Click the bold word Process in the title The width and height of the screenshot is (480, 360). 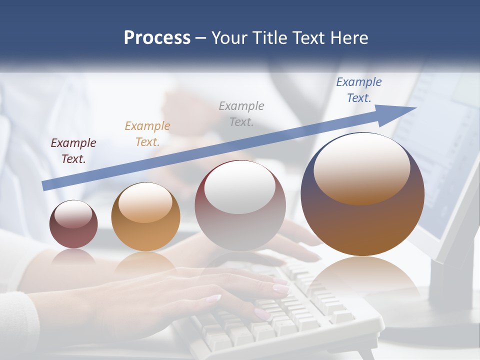pyautogui.click(x=157, y=38)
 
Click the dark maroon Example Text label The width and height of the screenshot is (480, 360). pyautogui.click(x=73, y=151)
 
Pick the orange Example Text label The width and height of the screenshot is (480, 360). pyautogui.click(x=147, y=134)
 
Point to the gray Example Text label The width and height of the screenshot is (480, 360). pyautogui.click(x=241, y=113)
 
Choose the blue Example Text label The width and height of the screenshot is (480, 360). pyautogui.click(x=358, y=90)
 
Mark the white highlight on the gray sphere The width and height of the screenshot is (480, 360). pyautogui.click(x=239, y=187)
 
